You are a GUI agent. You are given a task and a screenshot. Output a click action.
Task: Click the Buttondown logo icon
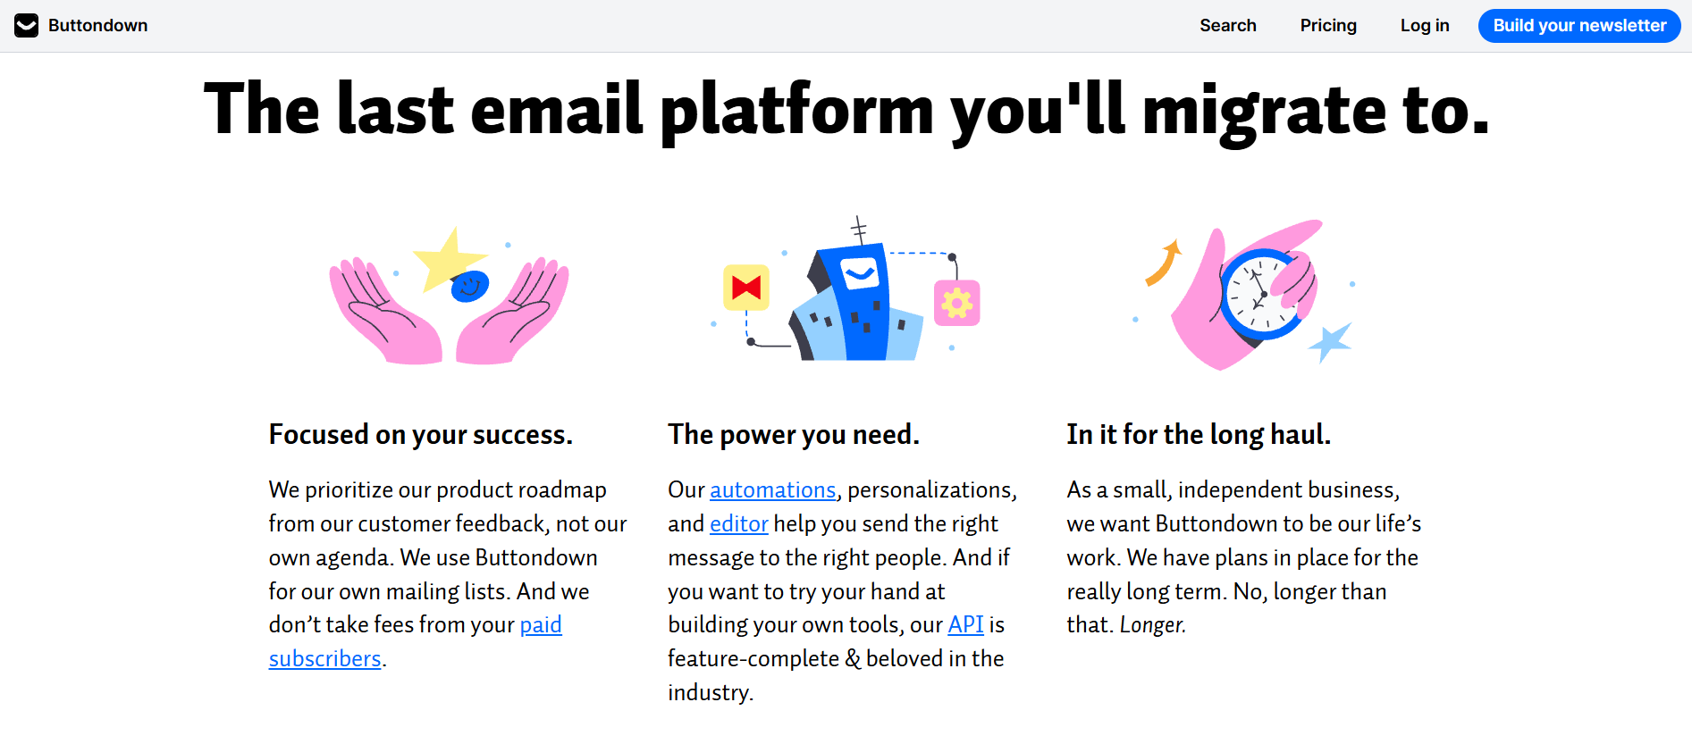(27, 26)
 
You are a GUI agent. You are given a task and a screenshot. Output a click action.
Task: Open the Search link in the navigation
(1227, 26)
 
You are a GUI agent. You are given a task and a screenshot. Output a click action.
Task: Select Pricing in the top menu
(1327, 26)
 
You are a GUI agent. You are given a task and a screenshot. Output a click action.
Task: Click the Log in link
(1424, 26)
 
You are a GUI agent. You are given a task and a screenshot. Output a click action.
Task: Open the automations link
(772, 490)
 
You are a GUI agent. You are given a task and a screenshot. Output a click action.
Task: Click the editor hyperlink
(738, 524)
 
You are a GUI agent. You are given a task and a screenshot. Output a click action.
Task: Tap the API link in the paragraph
(965, 625)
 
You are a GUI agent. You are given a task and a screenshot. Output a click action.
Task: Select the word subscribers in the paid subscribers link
(324, 659)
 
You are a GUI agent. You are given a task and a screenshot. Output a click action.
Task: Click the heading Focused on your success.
(420, 435)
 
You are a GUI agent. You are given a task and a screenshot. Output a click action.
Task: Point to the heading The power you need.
(793, 435)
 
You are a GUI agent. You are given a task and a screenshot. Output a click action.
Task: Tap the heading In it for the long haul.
(1198, 435)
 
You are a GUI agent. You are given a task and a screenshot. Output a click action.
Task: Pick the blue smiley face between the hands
(469, 286)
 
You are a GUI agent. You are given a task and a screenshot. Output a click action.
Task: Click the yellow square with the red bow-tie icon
(746, 288)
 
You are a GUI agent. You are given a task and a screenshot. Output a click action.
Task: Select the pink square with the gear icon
(956, 303)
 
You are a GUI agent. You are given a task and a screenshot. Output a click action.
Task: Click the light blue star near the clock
(1331, 341)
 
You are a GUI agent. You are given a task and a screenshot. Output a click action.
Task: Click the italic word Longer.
(1152, 625)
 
